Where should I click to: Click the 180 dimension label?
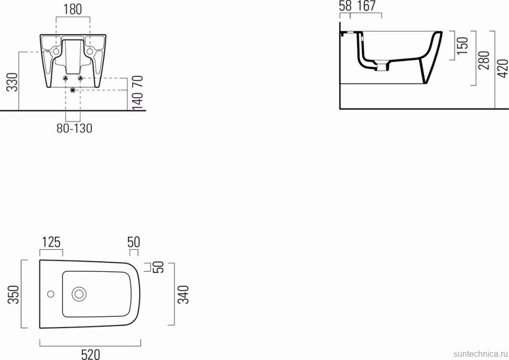[x=72, y=9]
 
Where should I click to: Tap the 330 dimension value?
[x=13, y=82]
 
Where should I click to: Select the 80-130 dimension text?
[x=75, y=128]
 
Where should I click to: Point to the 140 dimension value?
[x=137, y=101]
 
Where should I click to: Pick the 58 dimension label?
[x=345, y=6]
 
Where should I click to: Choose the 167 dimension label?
[x=366, y=6]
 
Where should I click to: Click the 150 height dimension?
[x=462, y=46]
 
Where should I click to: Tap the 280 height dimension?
[x=484, y=60]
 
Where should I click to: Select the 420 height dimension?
[x=503, y=69]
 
